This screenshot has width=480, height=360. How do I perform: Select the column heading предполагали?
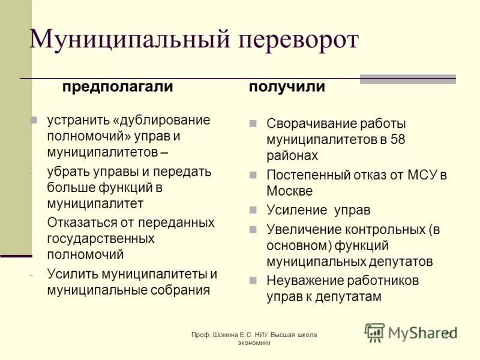118,86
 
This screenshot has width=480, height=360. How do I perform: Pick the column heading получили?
287,86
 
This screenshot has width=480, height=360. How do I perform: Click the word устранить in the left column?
77,119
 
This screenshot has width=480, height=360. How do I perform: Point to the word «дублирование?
161,119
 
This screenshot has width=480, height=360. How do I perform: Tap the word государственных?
101,238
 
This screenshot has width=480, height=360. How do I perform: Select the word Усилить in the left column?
71,275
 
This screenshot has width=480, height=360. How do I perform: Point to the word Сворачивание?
311,124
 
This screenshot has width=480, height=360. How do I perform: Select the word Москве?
290,191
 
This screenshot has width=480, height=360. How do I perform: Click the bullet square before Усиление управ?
253,210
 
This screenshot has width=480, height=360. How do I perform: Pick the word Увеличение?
304,229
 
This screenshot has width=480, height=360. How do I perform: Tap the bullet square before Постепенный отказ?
253,175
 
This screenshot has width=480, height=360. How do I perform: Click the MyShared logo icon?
374,332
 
